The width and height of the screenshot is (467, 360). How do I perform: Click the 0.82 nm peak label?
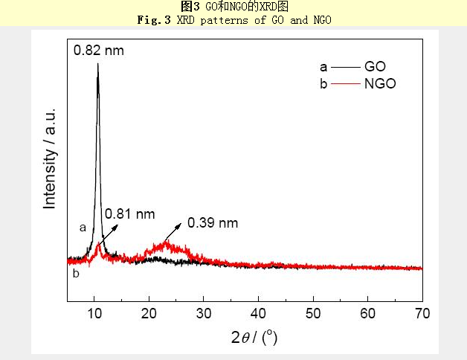coord(98,51)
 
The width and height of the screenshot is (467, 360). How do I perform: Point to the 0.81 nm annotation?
coord(129,214)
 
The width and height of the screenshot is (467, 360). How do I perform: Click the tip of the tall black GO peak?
coord(97,64)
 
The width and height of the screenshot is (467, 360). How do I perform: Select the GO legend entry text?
coord(375,66)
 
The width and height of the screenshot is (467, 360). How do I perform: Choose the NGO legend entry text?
coord(380,84)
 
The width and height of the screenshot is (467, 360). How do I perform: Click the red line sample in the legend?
coord(345,84)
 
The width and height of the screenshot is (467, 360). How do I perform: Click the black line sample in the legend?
coord(345,66)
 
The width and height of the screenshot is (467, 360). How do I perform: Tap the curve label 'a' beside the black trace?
coord(83,228)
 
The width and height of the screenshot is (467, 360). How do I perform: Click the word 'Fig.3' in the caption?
coord(152,19)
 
